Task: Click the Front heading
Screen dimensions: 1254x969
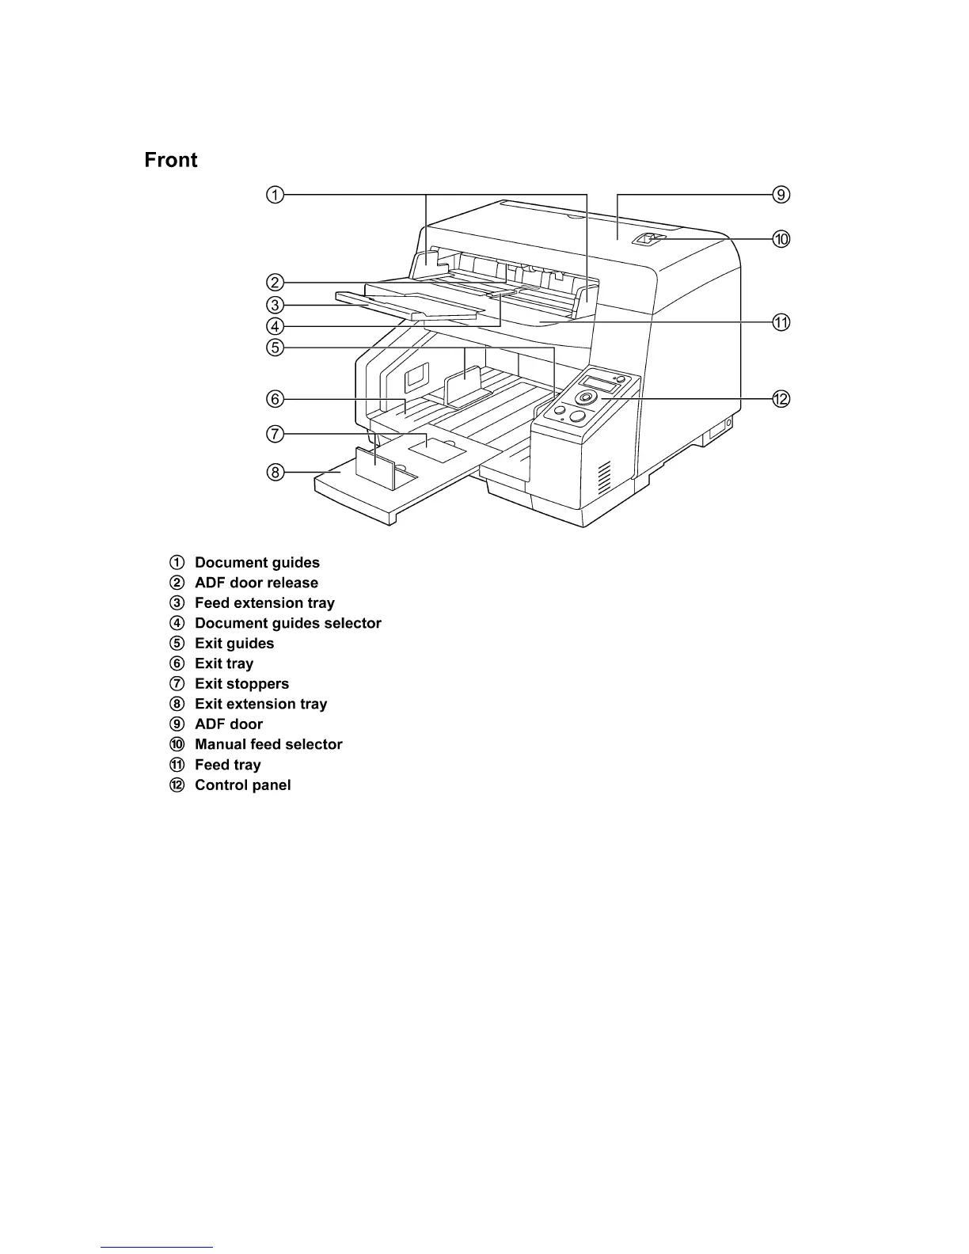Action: tap(170, 161)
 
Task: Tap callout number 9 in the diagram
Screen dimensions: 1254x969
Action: tap(781, 195)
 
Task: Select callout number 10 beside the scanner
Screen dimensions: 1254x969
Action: tap(781, 239)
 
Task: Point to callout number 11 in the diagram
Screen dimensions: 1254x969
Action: tap(781, 322)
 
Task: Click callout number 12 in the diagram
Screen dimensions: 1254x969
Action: tap(781, 399)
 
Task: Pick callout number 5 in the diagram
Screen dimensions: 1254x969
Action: tap(274, 347)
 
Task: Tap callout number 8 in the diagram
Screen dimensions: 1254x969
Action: tap(274, 473)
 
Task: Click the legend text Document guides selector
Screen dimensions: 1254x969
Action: tap(287, 623)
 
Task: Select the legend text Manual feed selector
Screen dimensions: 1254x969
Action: tap(268, 744)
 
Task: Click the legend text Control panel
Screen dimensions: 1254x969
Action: tap(242, 785)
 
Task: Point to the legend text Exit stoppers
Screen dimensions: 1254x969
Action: tap(241, 684)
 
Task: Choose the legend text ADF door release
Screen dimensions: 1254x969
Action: tap(256, 583)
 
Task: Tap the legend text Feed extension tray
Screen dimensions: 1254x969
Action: tap(264, 603)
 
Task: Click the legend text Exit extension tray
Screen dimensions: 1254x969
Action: tap(260, 704)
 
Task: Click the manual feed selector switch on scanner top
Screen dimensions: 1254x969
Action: tap(648, 238)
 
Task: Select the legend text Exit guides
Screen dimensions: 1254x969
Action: tap(234, 644)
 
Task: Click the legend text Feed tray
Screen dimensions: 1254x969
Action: tap(227, 765)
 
